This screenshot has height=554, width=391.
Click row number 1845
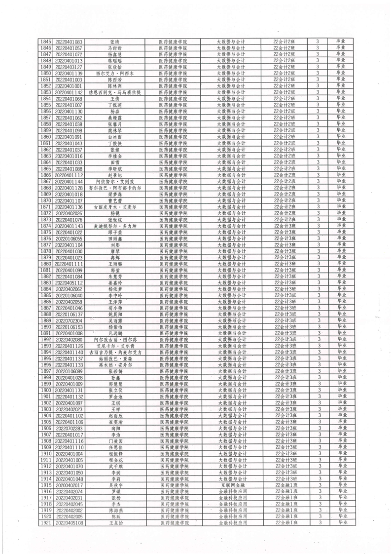(46, 42)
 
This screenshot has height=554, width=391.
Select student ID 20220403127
(69, 67)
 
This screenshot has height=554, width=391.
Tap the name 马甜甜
(114, 48)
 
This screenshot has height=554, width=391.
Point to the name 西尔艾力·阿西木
(114, 74)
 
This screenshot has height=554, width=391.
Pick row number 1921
(46, 523)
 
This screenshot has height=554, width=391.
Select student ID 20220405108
(69, 523)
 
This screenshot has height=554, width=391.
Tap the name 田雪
(114, 162)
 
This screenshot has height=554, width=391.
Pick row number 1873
(46, 219)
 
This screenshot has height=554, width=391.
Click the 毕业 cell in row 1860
(341, 137)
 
